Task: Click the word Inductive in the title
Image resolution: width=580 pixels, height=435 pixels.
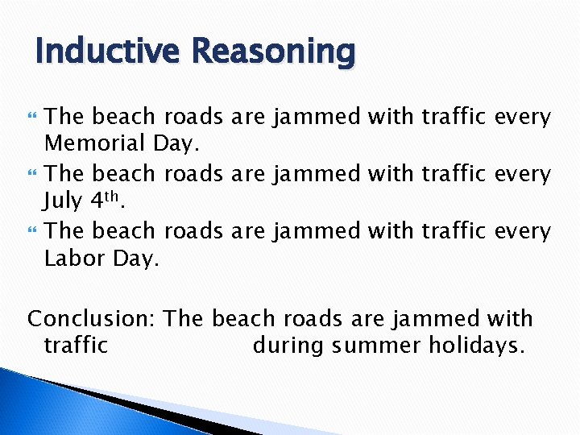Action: pos(104,52)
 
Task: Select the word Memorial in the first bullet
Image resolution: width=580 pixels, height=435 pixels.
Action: pos(94,144)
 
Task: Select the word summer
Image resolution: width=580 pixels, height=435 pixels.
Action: pos(378,346)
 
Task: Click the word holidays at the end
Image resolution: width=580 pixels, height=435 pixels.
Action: pos(480,346)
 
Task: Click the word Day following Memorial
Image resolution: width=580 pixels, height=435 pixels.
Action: pos(175,144)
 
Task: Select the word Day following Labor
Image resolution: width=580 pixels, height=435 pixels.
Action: pos(139,259)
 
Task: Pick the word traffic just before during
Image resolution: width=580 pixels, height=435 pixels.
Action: pos(75,346)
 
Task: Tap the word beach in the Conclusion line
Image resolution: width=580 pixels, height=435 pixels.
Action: pos(246,317)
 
